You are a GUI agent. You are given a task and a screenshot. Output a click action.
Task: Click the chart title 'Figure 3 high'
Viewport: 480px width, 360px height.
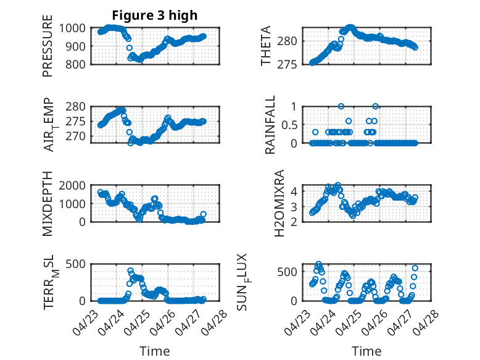(x=154, y=15)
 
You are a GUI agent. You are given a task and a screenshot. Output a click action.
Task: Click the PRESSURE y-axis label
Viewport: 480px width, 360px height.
(x=48, y=46)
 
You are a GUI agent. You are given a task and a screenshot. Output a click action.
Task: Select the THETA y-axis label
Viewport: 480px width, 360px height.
(x=266, y=46)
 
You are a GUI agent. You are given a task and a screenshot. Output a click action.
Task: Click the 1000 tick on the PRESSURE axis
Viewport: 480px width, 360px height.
(x=75, y=28)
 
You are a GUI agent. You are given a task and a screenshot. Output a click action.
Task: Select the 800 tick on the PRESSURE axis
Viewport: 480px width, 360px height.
(x=78, y=64)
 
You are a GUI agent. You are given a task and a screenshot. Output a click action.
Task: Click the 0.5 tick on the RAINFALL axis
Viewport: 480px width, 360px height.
(x=289, y=124)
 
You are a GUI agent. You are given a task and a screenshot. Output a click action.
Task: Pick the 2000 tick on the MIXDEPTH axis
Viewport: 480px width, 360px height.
(x=75, y=185)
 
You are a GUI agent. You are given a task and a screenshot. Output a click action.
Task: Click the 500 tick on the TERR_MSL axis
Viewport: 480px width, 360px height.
(x=78, y=264)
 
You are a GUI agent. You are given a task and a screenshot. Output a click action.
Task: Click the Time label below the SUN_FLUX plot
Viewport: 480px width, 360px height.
(x=366, y=351)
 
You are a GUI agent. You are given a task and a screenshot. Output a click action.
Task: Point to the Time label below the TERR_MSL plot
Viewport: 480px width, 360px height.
(x=155, y=351)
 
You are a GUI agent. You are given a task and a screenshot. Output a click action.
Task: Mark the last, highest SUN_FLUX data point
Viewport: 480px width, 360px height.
(x=415, y=268)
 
